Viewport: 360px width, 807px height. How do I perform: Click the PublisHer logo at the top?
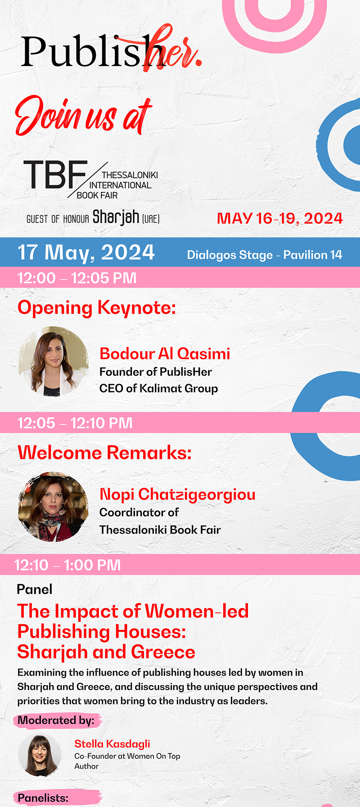coord(111,49)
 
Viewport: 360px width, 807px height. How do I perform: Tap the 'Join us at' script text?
coord(84,115)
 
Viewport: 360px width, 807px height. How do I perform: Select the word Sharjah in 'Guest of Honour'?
coord(116,217)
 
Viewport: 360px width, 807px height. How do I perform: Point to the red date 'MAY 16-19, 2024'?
coord(280,219)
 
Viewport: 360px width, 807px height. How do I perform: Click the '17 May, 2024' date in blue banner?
coord(86,252)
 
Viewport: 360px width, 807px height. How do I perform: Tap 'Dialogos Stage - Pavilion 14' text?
coord(265,255)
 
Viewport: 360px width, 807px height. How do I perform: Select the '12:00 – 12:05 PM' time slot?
coord(77,278)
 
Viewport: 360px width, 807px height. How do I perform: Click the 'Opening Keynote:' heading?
coord(97,308)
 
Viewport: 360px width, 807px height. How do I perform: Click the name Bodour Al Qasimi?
coord(165,354)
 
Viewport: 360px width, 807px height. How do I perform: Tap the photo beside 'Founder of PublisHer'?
coord(53,361)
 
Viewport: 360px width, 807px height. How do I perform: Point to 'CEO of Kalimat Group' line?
coord(158,389)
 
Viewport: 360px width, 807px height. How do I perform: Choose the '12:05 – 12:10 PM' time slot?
coord(75,423)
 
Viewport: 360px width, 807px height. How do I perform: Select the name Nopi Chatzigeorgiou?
coord(177,494)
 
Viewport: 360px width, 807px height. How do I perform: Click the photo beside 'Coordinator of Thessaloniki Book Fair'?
coord(53,507)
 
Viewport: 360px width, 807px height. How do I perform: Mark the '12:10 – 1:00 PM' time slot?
coord(67,565)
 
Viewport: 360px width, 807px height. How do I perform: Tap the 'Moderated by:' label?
coord(56,720)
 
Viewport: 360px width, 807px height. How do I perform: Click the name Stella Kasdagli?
coord(112,744)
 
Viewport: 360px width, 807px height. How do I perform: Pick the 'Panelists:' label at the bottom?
coord(43,798)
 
